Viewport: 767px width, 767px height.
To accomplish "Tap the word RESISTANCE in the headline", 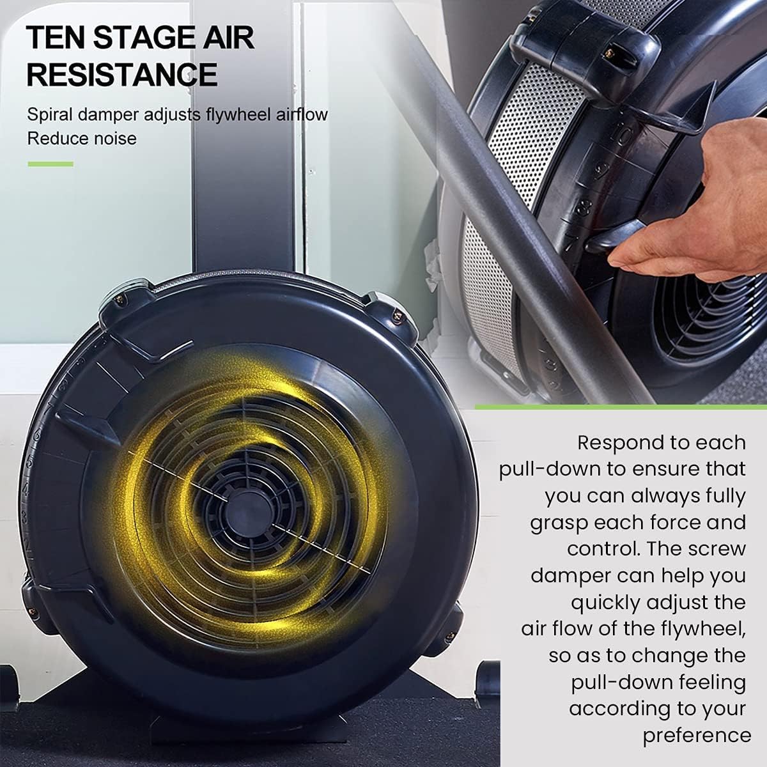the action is point(122,74).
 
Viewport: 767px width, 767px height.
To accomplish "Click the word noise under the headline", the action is point(116,139).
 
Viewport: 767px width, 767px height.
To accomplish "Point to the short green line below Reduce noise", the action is point(50,164).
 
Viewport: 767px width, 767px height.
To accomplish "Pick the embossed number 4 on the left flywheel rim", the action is point(26,489).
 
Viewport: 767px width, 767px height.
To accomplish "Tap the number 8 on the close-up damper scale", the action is point(582,206).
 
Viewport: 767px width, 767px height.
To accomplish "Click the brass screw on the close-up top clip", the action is point(609,51).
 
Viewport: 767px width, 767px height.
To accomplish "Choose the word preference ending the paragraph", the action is point(697,736).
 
